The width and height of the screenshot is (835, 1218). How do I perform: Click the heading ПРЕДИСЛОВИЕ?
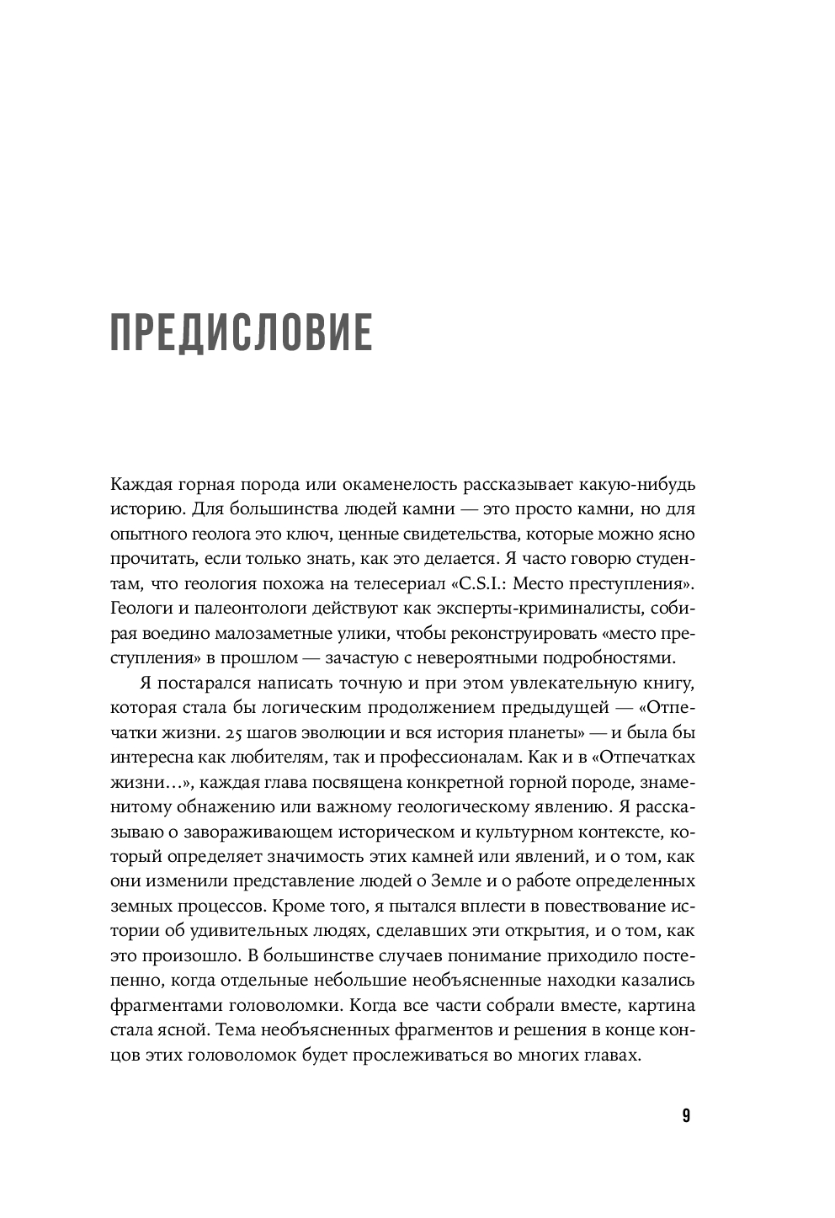point(241,332)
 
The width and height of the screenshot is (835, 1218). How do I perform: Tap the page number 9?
point(686,1116)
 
